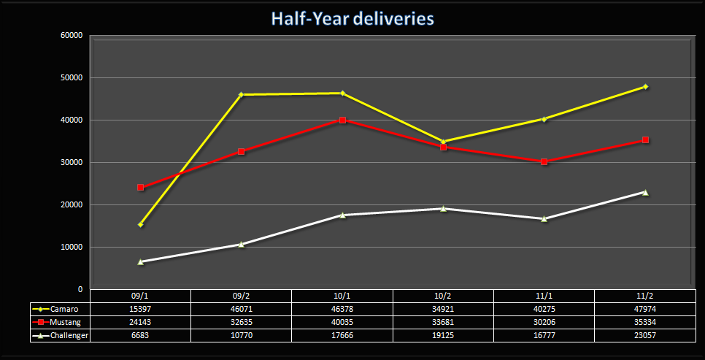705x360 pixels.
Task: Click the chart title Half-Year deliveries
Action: [x=352, y=18]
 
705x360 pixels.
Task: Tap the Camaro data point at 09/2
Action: [x=242, y=94]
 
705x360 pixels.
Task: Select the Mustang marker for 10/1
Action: [x=342, y=120]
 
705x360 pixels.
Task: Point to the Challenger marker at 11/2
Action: [x=645, y=192]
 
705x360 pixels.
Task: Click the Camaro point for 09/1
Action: [x=140, y=224]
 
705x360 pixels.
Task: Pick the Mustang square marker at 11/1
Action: [x=544, y=161]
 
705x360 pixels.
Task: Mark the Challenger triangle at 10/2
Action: [x=443, y=208]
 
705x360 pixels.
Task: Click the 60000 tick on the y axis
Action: [x=72, y=35]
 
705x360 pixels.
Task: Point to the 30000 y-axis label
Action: [x=72, y=162]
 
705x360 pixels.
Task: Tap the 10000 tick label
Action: [x=72, y=247]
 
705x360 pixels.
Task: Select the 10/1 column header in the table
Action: [x=342, y=296]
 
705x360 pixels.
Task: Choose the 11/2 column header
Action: [x=645, y=296]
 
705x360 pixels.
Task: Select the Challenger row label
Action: [x=65, y=335]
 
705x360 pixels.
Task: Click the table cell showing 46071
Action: [x=242, y=309]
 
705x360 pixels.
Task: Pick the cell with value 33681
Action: [x=443, y=322]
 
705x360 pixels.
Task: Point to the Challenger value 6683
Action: [x=140, y=335]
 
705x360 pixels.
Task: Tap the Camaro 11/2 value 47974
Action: [x=645, y=309]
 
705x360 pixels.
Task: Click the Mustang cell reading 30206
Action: [x=544, y=322]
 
